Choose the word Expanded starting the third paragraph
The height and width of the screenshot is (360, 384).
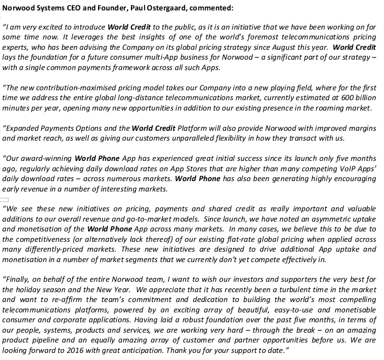23,129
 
